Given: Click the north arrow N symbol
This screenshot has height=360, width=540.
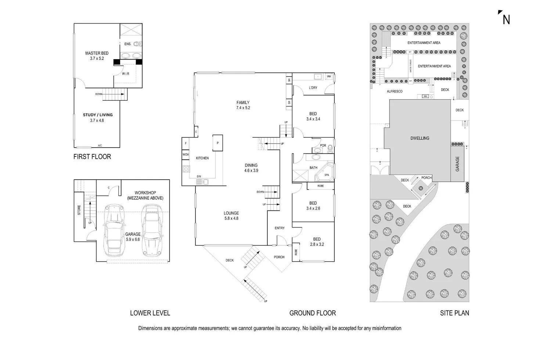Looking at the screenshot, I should pyautogui.click(x=505, y=19).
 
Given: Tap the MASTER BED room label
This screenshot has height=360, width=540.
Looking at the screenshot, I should pyautogui.click(x=97, y=56).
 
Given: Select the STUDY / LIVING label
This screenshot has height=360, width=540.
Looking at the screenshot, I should pyautogui.click(x=97, y=117).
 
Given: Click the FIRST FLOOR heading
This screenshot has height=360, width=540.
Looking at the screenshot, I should pyautogui.click(x=92, y=157).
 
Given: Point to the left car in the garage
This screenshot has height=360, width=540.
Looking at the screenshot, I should pyautogui.click(x=114, y=231).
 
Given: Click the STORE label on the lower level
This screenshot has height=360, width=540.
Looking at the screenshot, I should pyautogui.click(x=79, y=210).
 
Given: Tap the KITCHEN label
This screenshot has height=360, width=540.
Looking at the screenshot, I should pyautogui.click(x=202, y=158).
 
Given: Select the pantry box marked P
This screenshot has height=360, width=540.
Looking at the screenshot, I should pyautogui.click(x=217, y=143).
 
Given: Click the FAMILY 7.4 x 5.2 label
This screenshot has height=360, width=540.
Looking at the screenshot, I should pyautogui.click(x=243, y=105).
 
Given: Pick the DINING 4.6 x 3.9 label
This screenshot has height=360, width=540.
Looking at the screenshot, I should pyautogui.click(x=251, y=168).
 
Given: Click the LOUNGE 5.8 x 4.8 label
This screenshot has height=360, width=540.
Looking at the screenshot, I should pyautogui.click(x=231, y=216).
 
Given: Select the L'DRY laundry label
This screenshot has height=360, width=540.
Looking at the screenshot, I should pyautogui.click(x=313, y=88).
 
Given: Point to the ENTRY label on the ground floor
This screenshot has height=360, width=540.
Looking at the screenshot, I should pyautogui.click(x=280, y=228).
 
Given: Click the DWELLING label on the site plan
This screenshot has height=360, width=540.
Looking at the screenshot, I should pyautogui.click(x=420, y=138).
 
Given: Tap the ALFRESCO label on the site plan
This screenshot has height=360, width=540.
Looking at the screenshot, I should pyautogui.click(x=395, y=91).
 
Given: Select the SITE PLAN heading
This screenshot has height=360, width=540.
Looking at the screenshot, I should pyautogui.click(x=454, y=313).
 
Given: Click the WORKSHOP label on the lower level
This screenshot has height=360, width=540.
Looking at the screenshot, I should pyautogui.click(x=145, y=195).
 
